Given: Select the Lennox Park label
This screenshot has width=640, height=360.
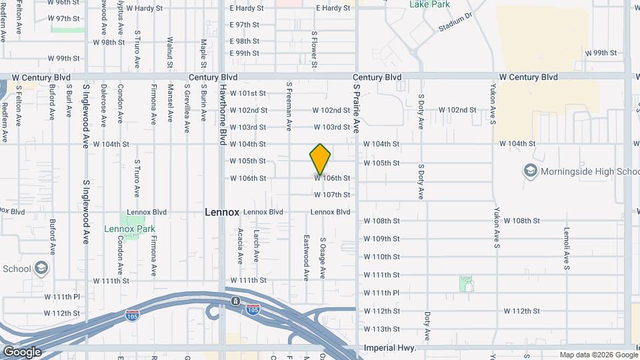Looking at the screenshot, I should click(129, 229).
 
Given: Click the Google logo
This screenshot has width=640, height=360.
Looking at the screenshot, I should click(22, 352).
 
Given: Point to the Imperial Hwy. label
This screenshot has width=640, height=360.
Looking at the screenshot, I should click(391, 348).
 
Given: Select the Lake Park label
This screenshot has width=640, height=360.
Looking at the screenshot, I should click(429, 5).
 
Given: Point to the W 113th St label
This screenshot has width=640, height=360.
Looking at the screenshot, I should click(381, 329).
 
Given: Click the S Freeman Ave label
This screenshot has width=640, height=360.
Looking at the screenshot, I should click(289, 106).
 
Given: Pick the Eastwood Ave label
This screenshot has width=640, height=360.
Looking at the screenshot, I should click(307, 257).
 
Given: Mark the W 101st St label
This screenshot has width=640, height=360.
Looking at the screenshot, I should click(248, 93).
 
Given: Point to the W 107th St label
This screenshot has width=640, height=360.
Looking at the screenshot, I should click(332, 195).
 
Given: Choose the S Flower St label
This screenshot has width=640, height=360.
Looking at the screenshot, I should click(313, 49).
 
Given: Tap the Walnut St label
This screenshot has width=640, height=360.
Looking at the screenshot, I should click(170, 52).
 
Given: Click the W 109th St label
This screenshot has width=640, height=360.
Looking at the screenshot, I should click(381, 239).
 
